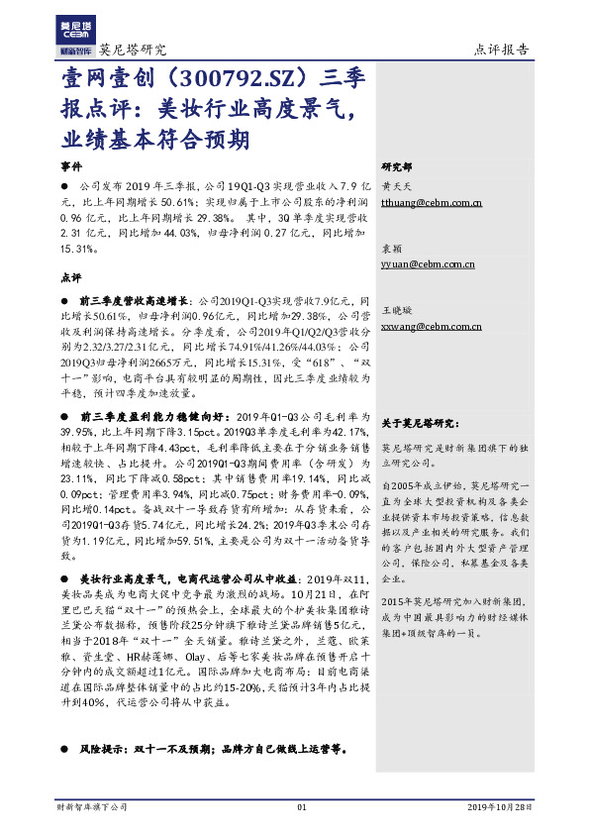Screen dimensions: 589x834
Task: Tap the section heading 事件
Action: (72, 165)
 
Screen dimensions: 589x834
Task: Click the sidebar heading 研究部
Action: (398, 166)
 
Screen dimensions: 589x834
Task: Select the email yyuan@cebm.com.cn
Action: (428, 265)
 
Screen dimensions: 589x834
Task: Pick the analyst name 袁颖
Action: (392, 248)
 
